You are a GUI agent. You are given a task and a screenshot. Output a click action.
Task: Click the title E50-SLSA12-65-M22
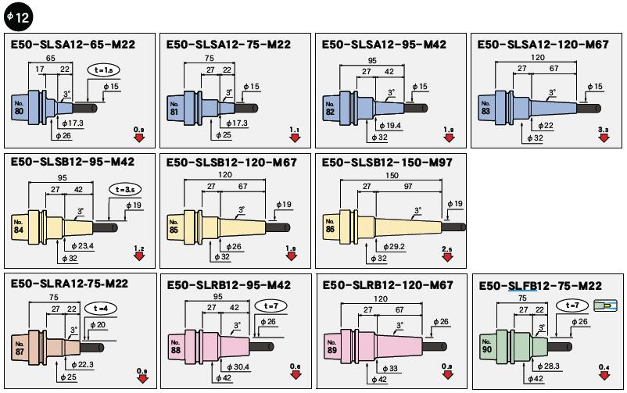pyautogui.click(x=73, y=45)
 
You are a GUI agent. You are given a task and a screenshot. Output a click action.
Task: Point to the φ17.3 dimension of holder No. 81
pyautogui.click(x=235, y=123)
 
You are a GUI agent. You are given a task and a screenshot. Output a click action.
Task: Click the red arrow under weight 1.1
pyautogui.click(x=295, y=138)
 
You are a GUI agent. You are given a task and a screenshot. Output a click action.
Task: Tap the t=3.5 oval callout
pyautogui.click(x=125, y=188)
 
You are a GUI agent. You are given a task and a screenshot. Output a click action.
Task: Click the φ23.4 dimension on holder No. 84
pyautogui.click(x=81, y=246)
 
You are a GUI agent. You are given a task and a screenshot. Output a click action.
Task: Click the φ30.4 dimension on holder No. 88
pyautogui.click(x=238, y=366)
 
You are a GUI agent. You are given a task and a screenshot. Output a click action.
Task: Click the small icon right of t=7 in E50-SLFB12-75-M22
pyautogui.click(x=602, y=305)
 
